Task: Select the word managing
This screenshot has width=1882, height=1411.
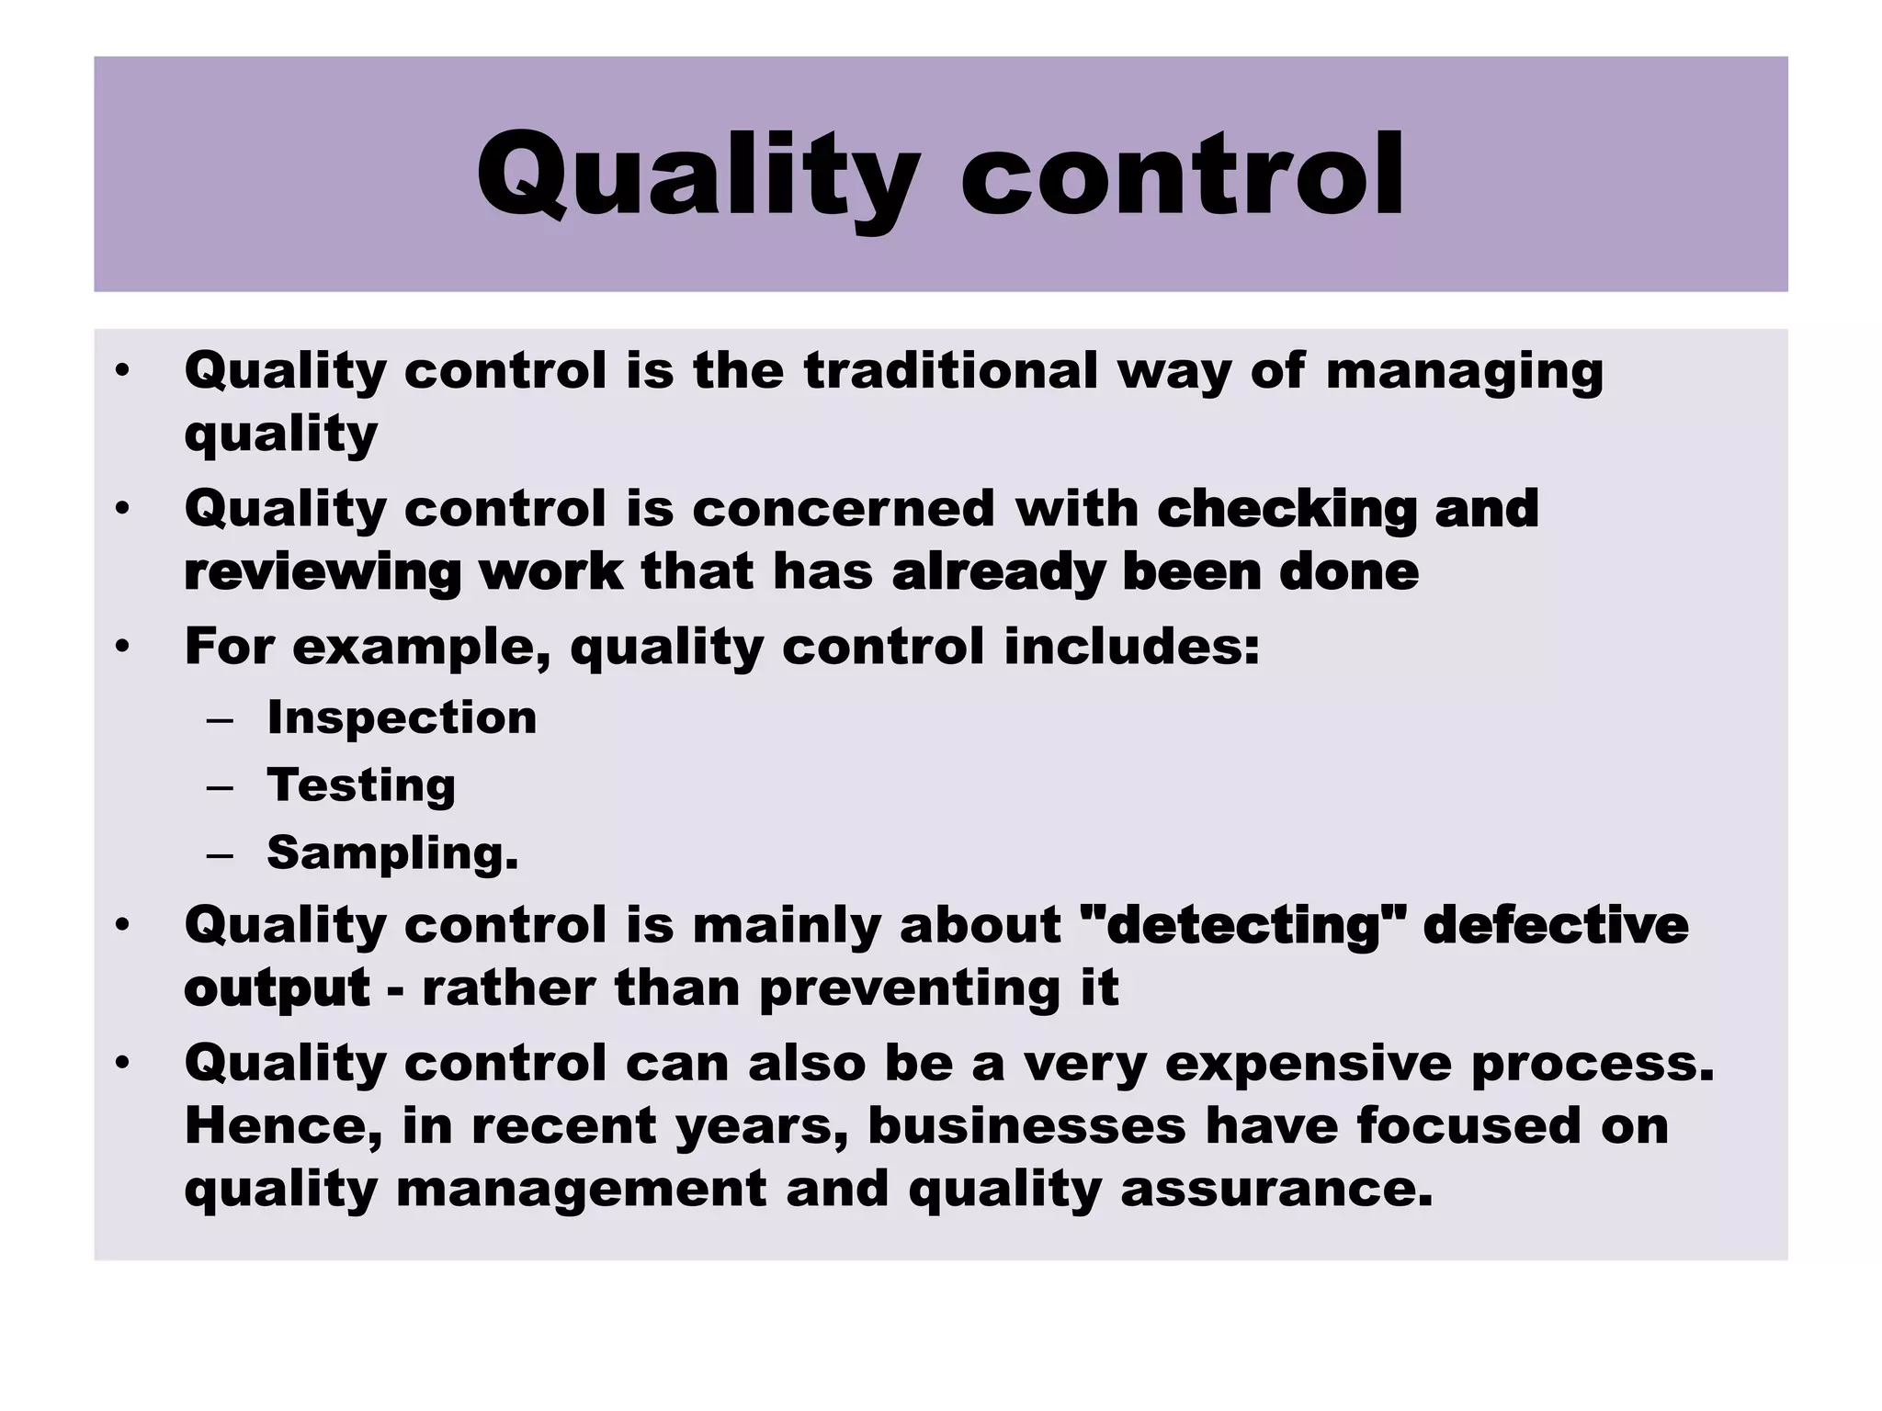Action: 1464,372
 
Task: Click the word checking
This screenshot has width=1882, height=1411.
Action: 1287,510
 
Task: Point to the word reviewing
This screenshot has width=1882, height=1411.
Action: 323,573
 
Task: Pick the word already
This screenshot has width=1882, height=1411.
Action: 998,573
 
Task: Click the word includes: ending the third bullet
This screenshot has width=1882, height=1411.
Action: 1131,646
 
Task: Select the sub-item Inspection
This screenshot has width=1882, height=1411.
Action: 402,717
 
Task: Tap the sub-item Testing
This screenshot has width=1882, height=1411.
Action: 361,786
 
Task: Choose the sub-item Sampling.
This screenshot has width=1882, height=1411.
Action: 392,853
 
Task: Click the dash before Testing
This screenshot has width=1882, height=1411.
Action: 221,787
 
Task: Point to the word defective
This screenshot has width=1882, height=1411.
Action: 1555,924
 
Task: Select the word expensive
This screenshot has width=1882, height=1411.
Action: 1309,1064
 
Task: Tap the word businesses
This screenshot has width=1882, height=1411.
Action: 1026,1125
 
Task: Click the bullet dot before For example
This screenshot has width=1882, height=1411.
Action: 123,648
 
